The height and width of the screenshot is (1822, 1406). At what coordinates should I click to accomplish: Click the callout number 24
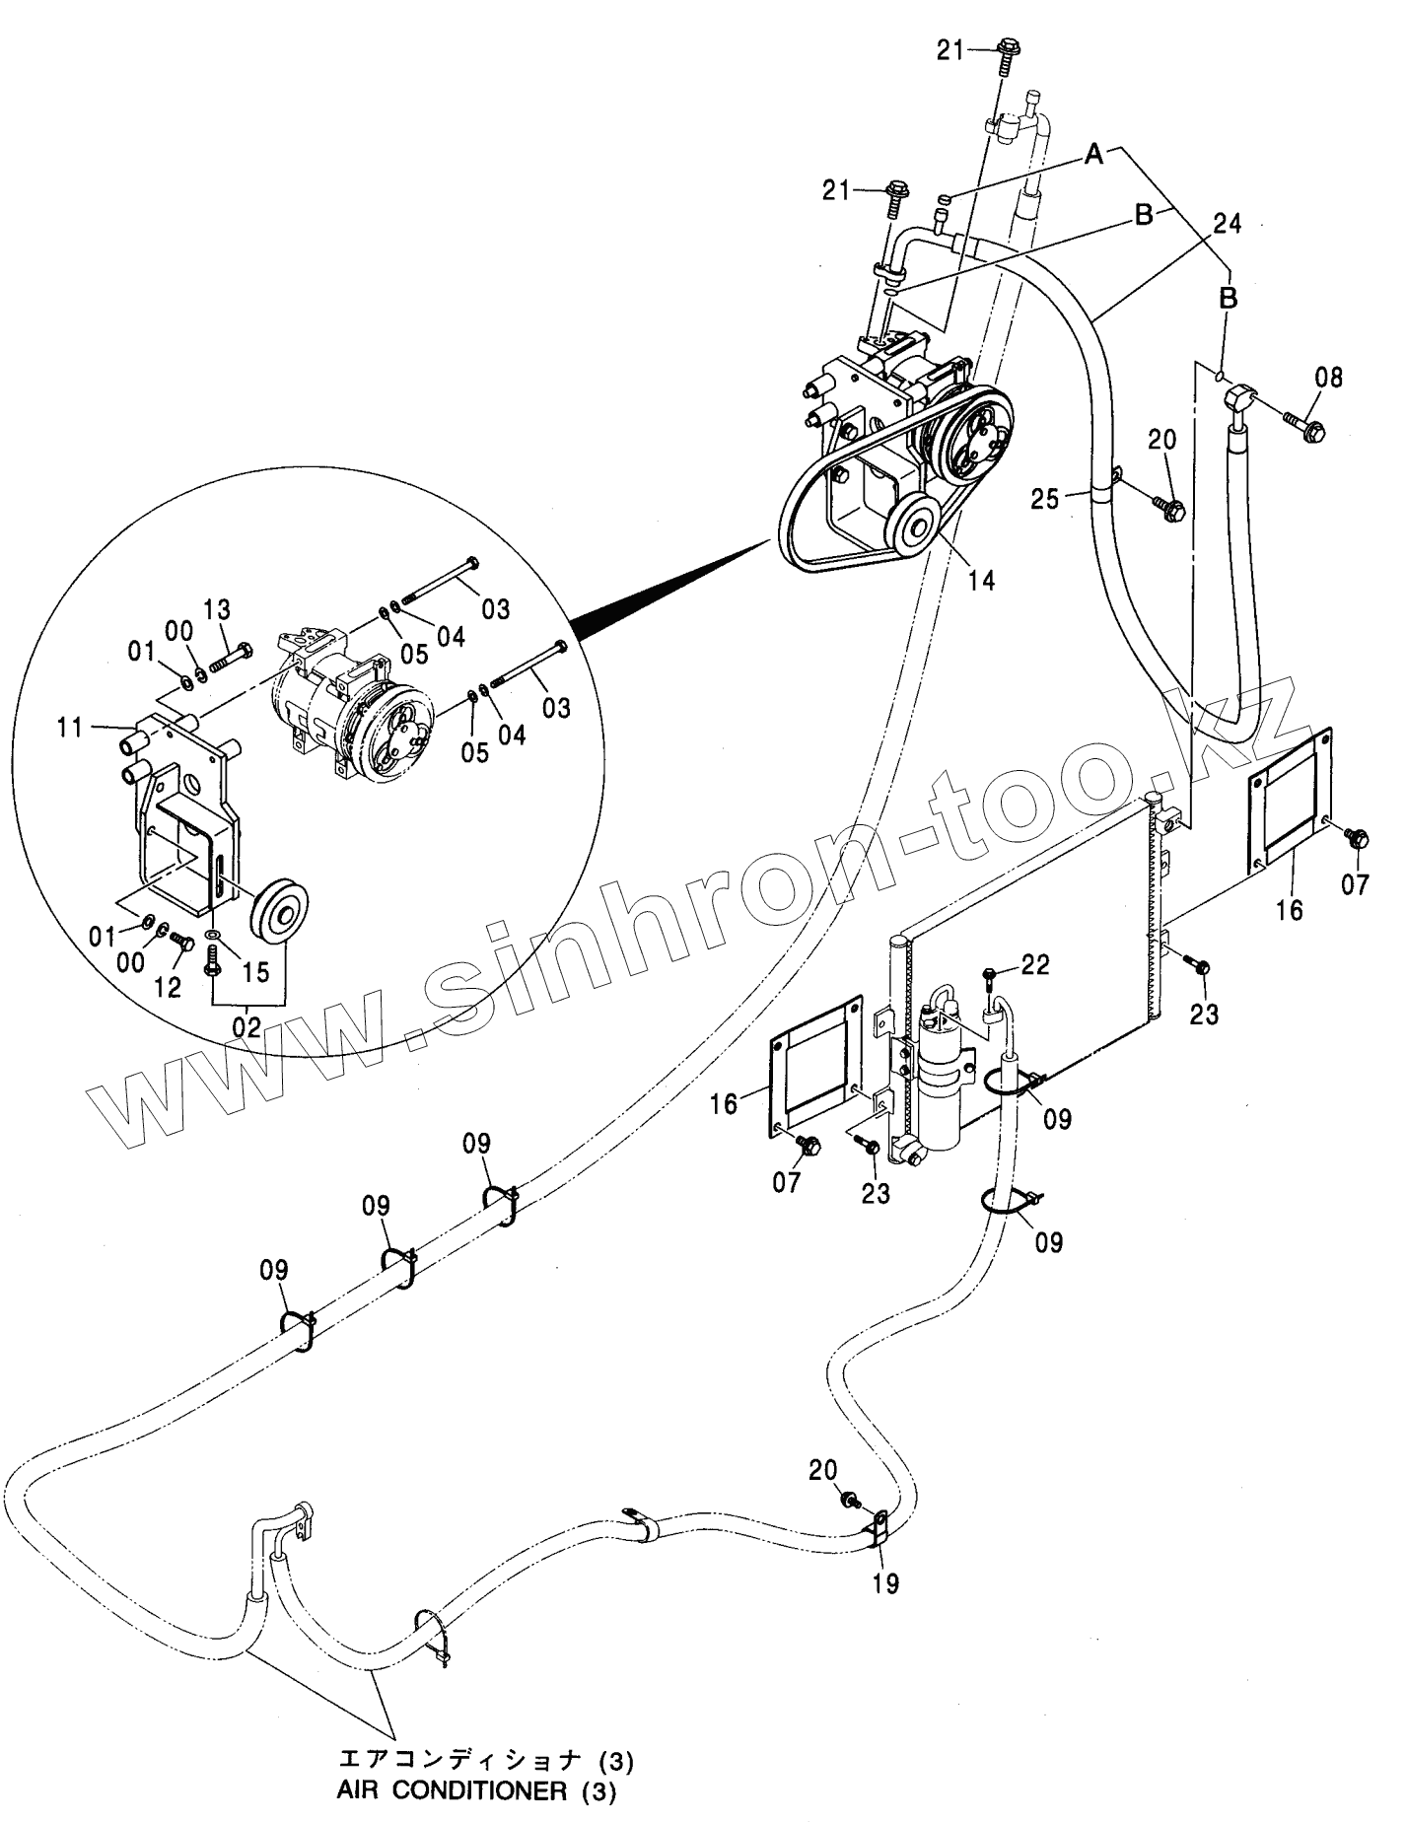click(1228, 226)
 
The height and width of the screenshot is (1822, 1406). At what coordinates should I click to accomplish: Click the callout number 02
click(246, 1026)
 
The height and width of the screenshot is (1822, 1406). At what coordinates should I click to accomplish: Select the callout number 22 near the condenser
click(1035, 964)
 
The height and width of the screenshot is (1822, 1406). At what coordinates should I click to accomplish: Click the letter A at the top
click(1093, 154)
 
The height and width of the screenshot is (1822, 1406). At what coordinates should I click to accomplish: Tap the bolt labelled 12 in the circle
click(183, 942)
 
